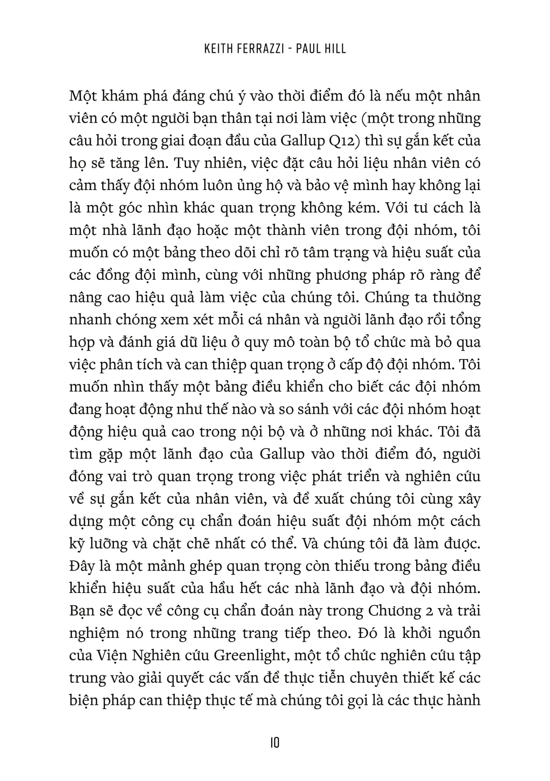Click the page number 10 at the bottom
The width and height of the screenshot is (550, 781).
[x=274, y=743]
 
